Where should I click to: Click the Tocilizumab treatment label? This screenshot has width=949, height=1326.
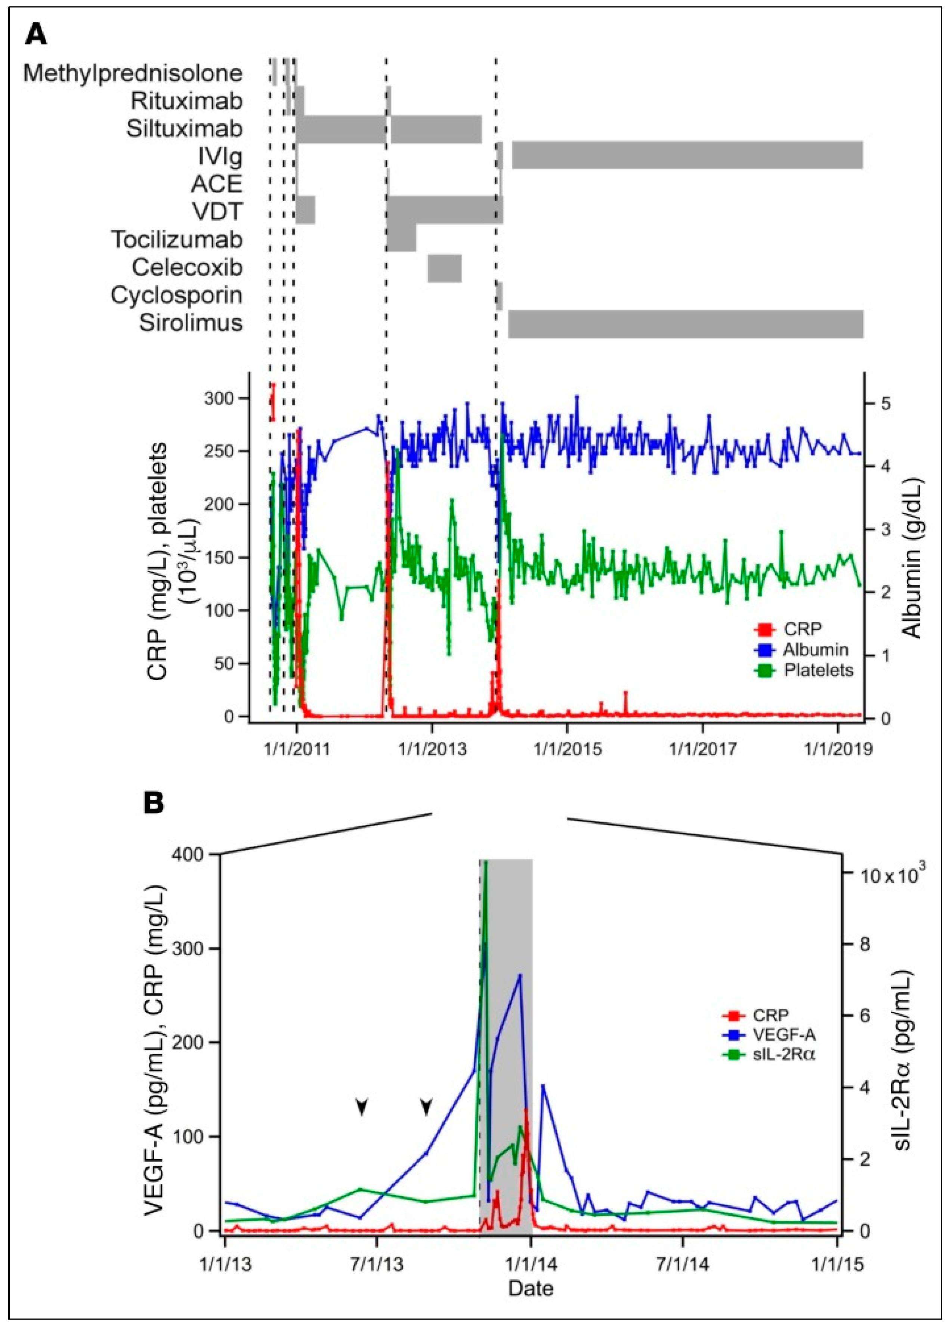pyautogui.click(x=176, y=240)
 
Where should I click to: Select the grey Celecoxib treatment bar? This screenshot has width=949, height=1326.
pyautogui.click(x=444, y=268)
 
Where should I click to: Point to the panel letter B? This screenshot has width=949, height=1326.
pyautogui.click(x=154, y=803)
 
